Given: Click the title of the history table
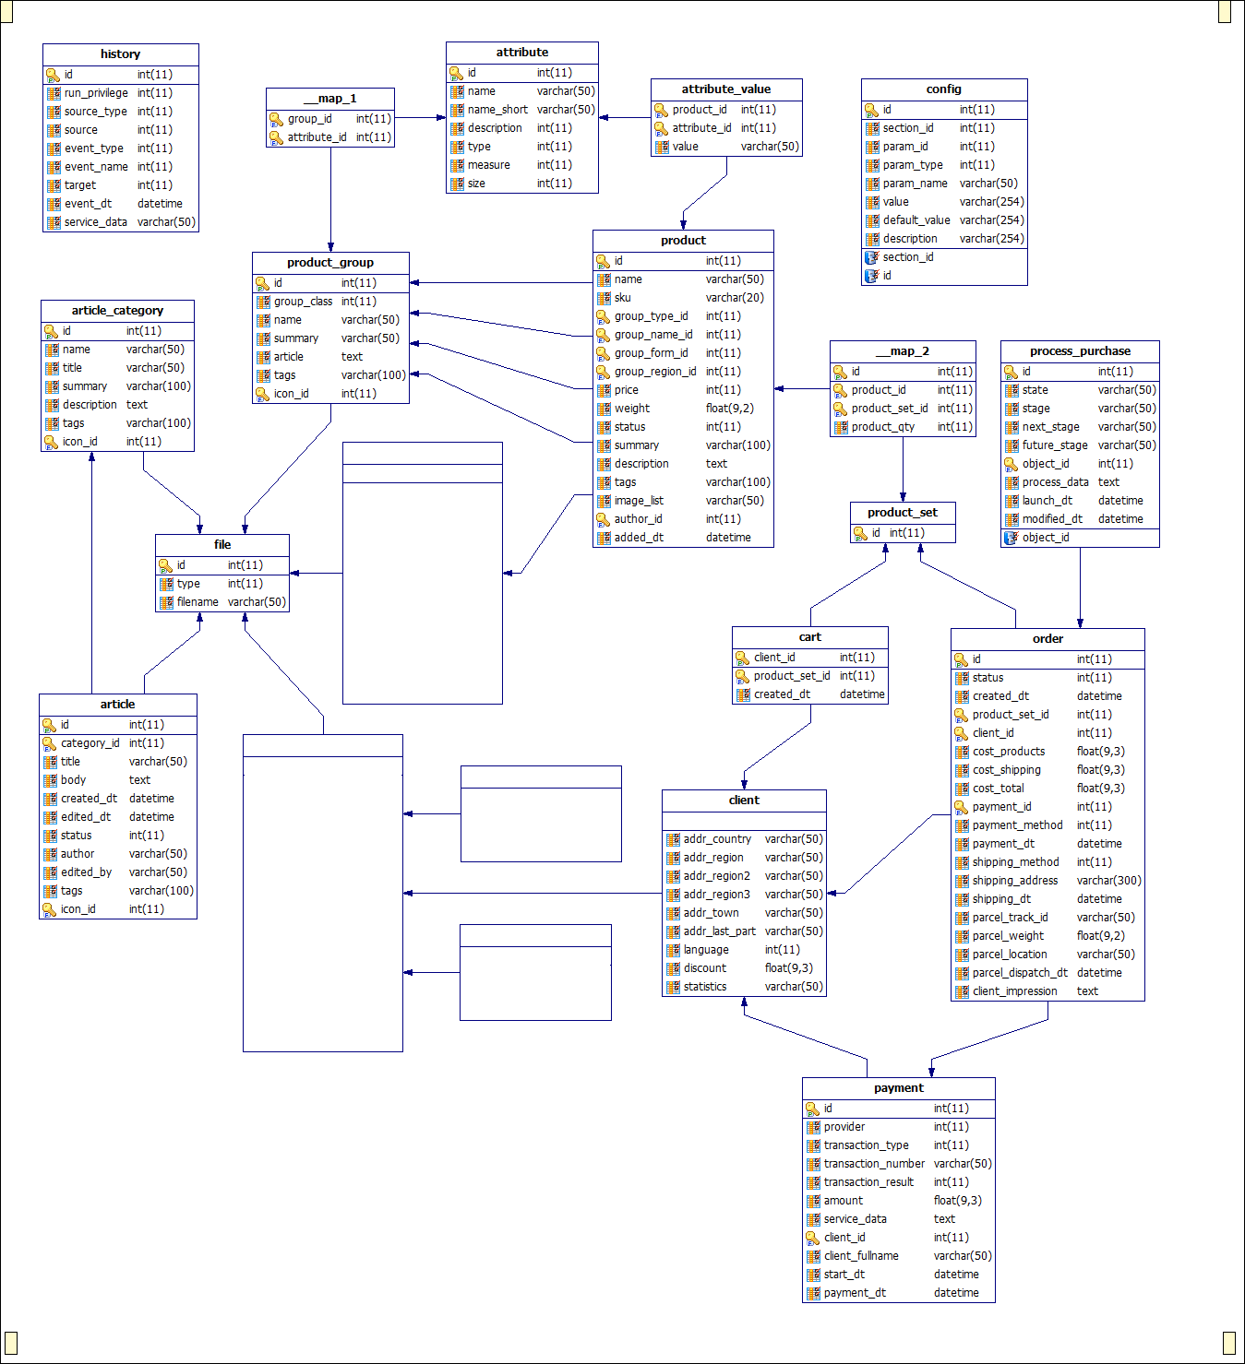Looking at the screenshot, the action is coord(121,53).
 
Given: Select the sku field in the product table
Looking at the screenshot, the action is coord(622,298).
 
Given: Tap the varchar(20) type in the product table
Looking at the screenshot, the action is coord(735,298).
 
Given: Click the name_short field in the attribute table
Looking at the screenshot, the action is coord(497,110).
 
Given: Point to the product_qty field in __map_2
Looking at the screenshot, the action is coord(883,427).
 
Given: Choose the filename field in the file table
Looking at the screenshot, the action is coord(198,602).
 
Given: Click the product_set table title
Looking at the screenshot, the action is coord(903,513).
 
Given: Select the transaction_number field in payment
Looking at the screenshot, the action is coord(874,1164).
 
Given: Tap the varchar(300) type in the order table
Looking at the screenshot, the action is coord(1108,881).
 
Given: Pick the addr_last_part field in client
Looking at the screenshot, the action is coord(720,931).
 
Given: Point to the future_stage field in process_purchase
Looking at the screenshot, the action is coord(1054,445).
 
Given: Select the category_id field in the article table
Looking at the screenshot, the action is coord(90,743).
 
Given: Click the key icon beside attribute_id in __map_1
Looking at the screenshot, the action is coord(276,138).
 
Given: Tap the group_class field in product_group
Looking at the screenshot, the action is coord(303,302).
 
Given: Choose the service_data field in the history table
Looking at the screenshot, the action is coord(96,222).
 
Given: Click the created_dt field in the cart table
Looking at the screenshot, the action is coord(782,694).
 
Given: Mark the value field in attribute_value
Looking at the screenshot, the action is coord(686,147).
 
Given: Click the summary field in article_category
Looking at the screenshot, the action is coord(85,386).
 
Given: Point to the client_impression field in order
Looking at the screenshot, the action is coord(1015,991).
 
